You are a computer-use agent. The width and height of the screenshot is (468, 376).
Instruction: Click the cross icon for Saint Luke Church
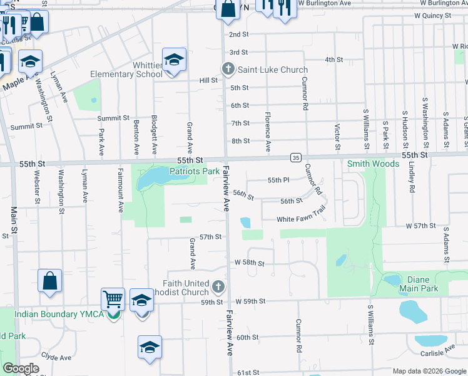click(228, 69)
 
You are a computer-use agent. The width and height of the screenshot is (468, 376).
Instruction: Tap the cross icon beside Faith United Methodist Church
click(218, 287)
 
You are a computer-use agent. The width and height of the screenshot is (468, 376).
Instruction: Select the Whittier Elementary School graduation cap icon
click(174, 60)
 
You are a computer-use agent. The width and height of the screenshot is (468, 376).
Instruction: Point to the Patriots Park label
click(195, 170)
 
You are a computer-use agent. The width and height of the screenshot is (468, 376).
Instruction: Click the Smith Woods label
click(374, 164)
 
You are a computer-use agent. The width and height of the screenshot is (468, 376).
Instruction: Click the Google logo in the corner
click(21, 368)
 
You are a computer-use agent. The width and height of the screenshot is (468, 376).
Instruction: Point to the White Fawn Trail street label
click(302, 219)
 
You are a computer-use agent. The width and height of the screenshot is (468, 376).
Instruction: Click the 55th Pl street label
click(278, 180)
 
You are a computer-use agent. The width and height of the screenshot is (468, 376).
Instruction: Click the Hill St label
click(208, 80)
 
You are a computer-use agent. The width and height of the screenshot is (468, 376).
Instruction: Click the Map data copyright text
click(429, 371)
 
